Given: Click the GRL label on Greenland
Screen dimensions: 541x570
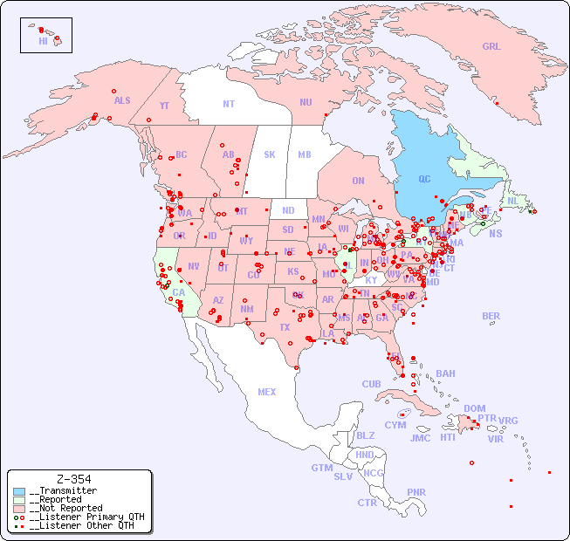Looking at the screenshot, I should coord(491,47).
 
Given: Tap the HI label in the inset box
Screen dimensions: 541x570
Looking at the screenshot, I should coord(43,41).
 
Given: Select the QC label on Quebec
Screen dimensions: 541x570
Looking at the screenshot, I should coord(424,180).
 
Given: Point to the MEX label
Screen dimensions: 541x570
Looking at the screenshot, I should coord(267,392).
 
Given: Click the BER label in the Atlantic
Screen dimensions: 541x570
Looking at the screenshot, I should coord(491,317).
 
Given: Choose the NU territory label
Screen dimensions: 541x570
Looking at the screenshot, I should coord(306,102).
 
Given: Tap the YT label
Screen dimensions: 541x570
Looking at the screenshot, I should coord(164,106).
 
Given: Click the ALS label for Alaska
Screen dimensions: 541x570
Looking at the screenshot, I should coord(122,100).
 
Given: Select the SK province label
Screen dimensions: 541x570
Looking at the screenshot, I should coord(270,154).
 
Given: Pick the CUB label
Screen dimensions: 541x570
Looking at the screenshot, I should coord(371,384).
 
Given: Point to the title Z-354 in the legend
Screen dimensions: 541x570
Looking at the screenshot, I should coord(73,479).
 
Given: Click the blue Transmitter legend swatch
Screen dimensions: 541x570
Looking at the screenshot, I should coord(19,491).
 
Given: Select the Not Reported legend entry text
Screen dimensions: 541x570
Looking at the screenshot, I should coord(65,508).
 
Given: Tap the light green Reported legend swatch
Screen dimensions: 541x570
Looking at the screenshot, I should coord(19,500).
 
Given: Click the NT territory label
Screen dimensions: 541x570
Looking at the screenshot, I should coord(229,104).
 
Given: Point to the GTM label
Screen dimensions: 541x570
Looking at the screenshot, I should coord(321,468).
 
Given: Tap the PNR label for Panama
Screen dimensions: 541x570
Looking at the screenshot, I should coord(416,492).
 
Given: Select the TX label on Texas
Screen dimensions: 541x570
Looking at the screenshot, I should coord(285,327).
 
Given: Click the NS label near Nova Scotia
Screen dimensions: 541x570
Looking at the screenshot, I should coord(495,233).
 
